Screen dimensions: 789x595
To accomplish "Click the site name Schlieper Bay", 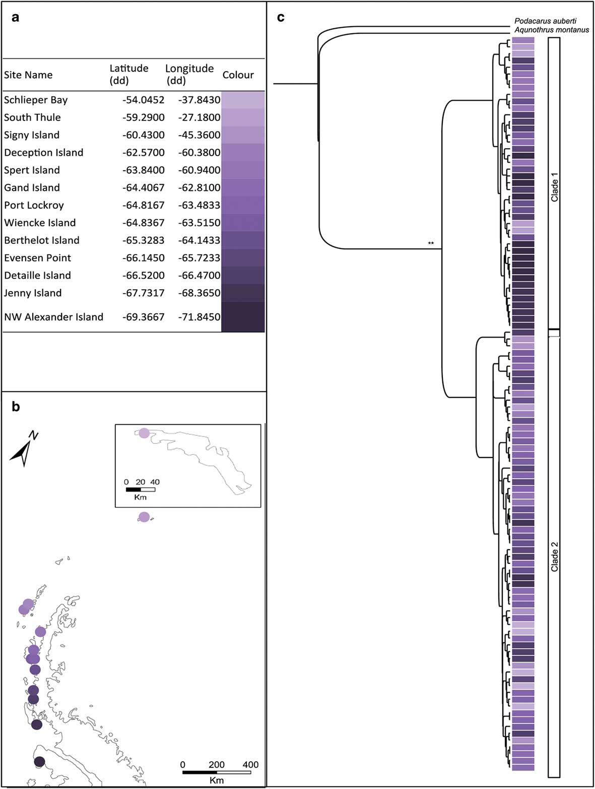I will (36, 100).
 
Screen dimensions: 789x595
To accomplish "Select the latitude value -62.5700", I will (143, 153).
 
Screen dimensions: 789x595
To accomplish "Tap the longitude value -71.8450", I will (199, 317).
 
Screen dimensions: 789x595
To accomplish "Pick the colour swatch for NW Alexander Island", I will (243, 317).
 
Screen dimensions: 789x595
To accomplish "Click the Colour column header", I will (238, 75).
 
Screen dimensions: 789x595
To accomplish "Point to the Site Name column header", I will (28, 75).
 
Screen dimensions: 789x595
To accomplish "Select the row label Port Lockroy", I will (34, 205).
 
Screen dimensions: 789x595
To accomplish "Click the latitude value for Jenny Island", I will (143, 293).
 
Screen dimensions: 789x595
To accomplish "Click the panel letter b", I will (16, 407).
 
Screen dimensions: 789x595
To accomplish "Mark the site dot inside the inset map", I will (144, 433).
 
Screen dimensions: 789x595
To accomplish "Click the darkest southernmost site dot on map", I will (39, 762).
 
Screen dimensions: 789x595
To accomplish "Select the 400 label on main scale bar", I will (250, 765).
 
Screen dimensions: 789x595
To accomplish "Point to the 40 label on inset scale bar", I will (155, 482).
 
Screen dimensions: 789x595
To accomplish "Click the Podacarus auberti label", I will (545, 21).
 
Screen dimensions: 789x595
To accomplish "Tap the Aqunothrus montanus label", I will (551, 30).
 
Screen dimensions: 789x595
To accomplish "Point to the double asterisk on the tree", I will (431, 243).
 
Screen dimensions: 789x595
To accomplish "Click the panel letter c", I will (281, 18).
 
